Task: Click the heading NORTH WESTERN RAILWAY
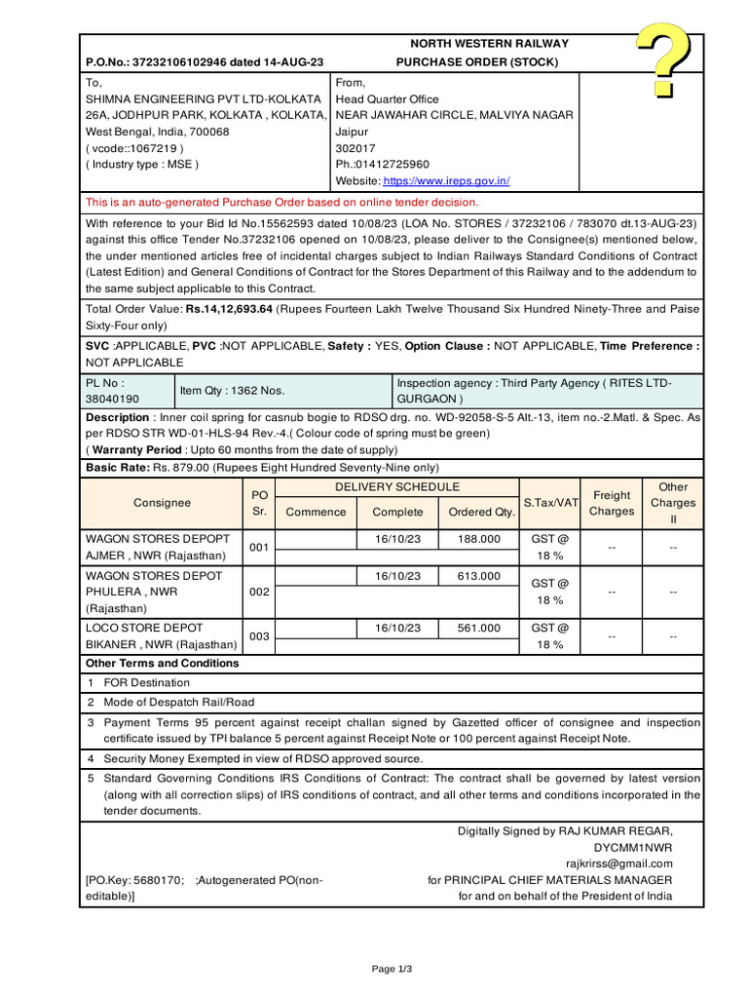pos(489,44)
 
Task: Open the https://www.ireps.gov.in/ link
pos(446,181)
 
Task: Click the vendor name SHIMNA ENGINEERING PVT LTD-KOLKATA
pos(204,99)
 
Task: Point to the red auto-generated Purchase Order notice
pos(282,203)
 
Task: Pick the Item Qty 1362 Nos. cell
pos(232,391)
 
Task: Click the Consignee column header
pos(162,503)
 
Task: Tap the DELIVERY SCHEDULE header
pos(397,487)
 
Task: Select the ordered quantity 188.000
pos(478,539)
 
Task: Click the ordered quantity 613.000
pos(478,576)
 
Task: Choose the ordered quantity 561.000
pos(478,629)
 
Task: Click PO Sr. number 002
pos(259,592)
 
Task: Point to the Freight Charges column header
pos(612,503)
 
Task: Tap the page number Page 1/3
pos(393,969)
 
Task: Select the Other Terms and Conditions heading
pos(163,664)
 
